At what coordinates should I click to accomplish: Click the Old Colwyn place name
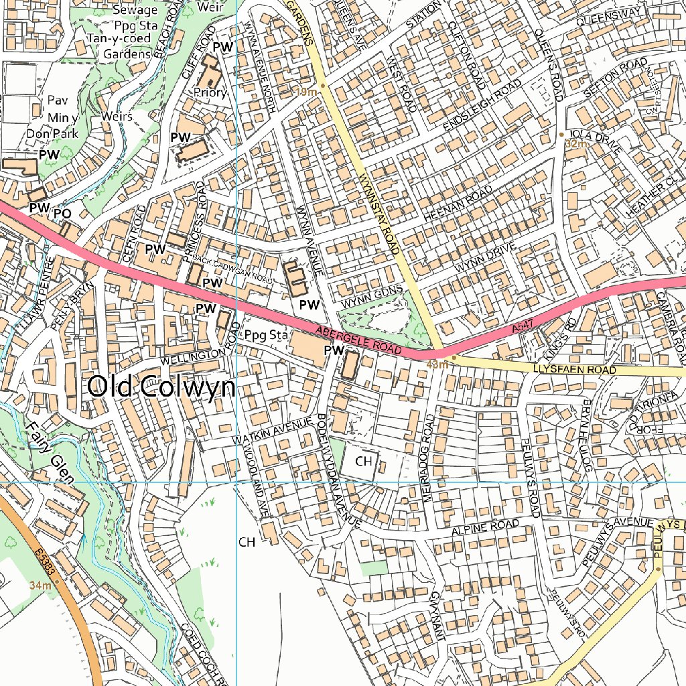161,387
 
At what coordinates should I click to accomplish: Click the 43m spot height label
436,364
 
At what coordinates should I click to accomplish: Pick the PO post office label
62,214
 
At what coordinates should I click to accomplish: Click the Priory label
210,93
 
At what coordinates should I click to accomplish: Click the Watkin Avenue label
273,430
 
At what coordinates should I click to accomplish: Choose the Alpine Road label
485,527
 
